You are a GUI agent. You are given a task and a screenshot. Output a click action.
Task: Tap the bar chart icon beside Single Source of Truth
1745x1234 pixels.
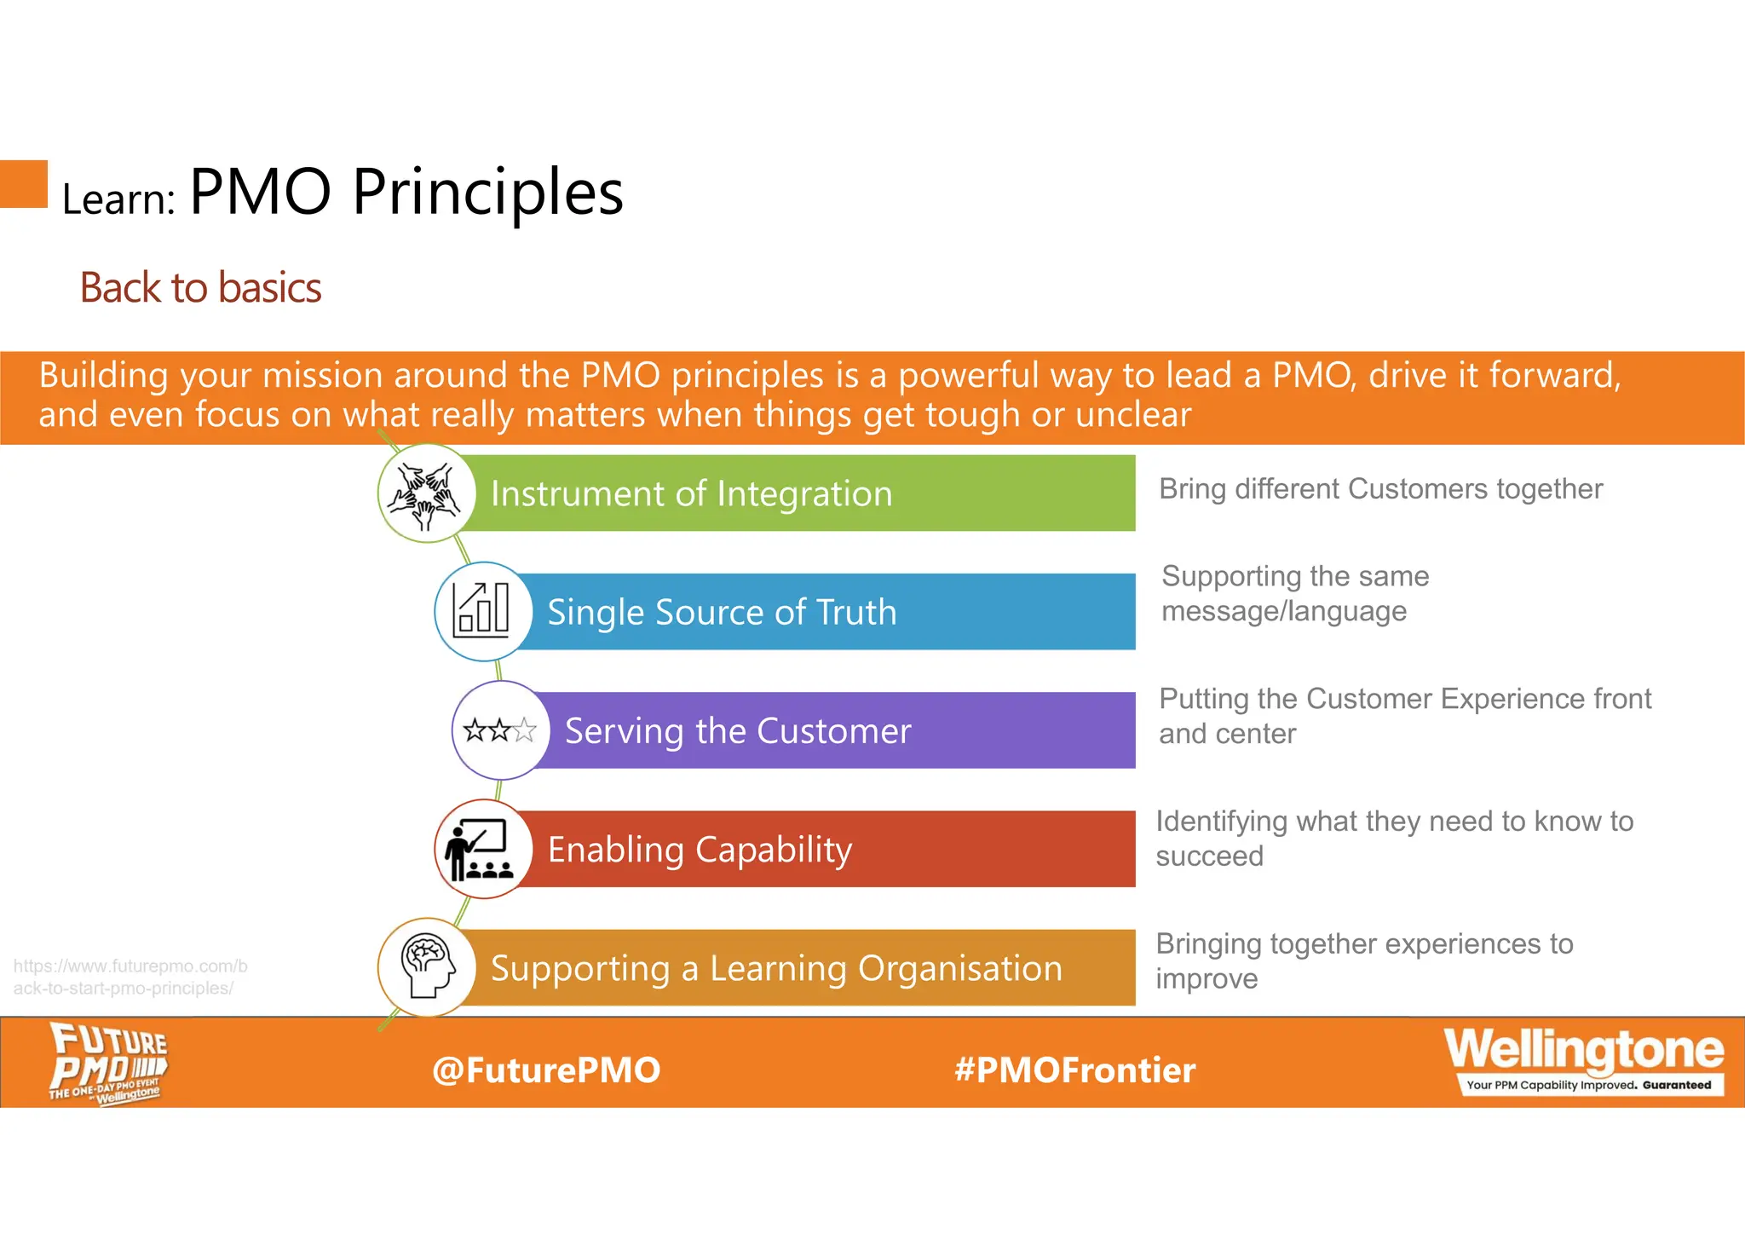483,611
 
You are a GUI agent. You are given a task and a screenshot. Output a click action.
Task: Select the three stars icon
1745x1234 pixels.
500,730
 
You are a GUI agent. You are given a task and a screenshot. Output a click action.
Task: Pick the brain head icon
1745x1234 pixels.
427,966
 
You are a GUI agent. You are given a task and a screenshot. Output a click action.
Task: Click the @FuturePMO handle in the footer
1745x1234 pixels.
546,1070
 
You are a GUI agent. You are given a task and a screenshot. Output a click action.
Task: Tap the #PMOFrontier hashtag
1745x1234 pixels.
1075,1070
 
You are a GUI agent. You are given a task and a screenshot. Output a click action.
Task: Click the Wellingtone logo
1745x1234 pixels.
1584,1059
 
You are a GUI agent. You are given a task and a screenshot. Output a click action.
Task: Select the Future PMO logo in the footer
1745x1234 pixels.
107,1063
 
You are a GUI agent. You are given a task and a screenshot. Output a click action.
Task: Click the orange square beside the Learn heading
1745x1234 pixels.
23,184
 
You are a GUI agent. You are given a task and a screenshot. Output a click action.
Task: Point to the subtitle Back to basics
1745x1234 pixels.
200,288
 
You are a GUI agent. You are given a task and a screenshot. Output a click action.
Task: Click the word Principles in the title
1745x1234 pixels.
487,192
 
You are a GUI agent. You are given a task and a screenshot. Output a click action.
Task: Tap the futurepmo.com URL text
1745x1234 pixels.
130,977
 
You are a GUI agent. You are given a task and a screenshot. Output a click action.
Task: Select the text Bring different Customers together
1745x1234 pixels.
1380,489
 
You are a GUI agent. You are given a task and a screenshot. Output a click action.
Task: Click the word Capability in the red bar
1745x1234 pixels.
773,851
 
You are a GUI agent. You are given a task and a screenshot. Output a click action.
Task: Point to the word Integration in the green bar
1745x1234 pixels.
803,494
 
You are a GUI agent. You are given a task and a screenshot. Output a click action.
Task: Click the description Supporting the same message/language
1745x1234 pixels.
1294,594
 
